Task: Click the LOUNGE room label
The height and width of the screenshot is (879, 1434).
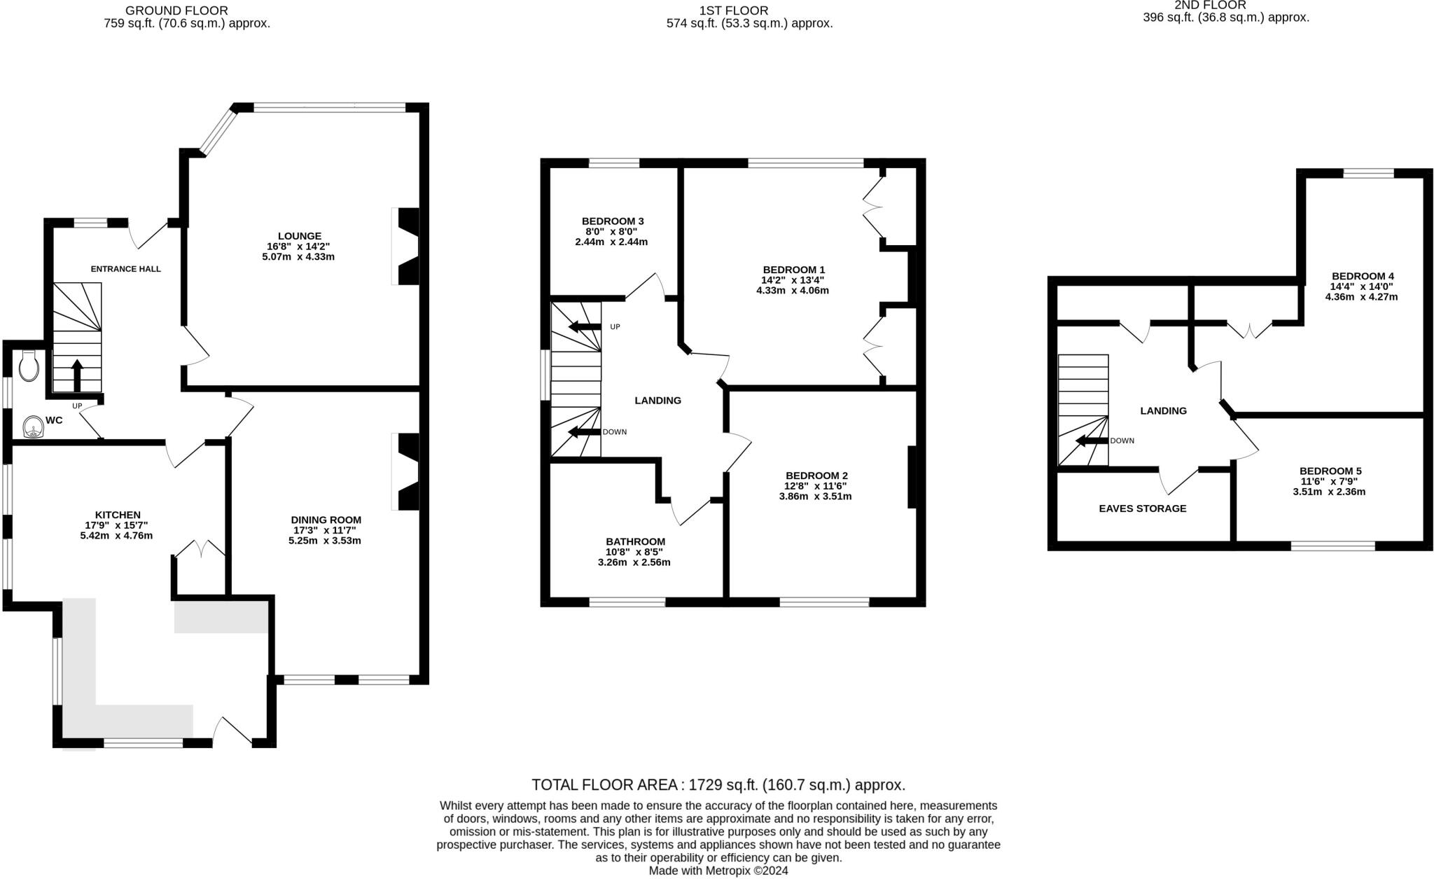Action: [299, 236]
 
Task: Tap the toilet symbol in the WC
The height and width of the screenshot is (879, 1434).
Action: [29, 366]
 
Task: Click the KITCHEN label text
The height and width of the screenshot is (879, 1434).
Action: [118, 515]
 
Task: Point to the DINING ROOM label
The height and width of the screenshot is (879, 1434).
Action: [326, 520]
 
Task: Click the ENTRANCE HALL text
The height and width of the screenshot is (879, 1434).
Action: [126, 269]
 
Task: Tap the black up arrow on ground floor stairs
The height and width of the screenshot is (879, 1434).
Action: [77, 375]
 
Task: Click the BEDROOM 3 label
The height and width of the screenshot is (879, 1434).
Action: [613, 221]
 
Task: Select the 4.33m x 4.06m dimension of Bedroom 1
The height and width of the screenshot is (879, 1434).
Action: [793, 290]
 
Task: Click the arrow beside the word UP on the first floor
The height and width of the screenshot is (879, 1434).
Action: [585, 326]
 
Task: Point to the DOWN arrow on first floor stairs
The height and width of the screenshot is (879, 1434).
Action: [585, 432]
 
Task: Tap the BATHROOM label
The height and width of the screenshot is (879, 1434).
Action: [635, 541]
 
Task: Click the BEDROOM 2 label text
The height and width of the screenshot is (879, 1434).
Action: [816, 475]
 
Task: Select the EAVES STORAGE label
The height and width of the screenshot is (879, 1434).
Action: [1142, 508]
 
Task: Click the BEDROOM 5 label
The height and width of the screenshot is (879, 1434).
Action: [1330, 471]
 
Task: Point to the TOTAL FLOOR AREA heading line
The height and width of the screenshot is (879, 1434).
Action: [718, 784]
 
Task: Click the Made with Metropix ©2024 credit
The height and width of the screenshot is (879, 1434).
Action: [718, 871]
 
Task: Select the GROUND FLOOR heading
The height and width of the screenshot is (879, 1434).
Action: [176, 11]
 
